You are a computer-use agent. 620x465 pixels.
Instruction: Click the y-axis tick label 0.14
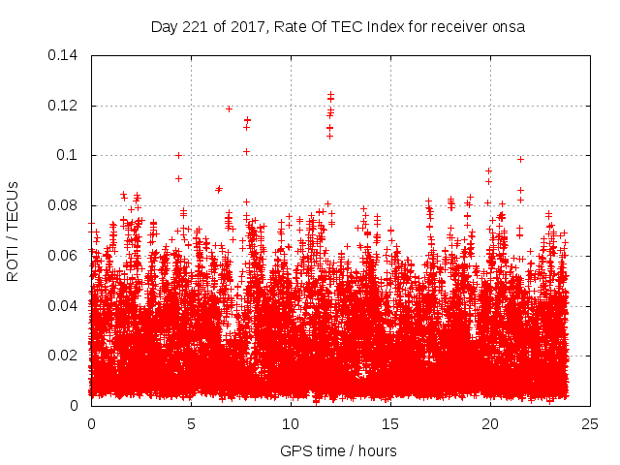point(65,55)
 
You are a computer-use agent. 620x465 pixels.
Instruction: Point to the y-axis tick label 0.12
point(65,106)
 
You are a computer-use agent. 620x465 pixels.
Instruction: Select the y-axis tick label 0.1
point(69,155)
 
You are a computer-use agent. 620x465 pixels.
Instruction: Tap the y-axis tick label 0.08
point(65,205)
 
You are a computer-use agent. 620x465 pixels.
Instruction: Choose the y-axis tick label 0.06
point(65,256)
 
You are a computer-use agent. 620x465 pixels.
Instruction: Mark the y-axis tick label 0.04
point(65,306)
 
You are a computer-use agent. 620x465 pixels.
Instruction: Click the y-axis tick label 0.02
point(65,356)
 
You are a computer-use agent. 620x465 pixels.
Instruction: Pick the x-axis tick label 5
point(191,423)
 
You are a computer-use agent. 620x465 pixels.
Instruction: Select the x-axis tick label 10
point(291,423)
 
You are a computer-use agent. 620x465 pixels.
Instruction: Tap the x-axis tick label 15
point(390,423)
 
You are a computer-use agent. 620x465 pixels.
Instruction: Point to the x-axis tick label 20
point(490,423)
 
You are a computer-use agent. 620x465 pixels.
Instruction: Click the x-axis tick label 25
point(590,423)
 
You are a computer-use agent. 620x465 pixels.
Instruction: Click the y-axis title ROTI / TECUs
point(14,231)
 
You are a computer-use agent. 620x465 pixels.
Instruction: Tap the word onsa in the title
point(508,27)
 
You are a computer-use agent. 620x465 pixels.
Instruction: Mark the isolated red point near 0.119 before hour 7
point(229,108)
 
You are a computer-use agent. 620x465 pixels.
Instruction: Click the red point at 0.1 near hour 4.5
point(178,155)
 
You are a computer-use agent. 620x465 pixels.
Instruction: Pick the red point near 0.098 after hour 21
point(520,159)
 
